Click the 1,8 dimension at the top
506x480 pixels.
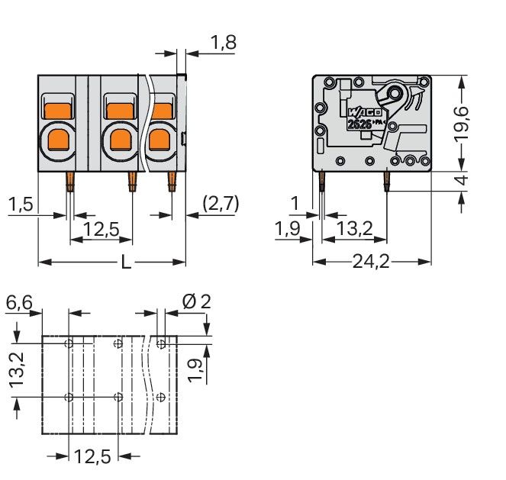pos(224,43)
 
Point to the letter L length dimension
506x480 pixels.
pos(127,263)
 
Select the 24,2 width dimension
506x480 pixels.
pos(372,262)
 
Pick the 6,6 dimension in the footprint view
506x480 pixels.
pos(18,303)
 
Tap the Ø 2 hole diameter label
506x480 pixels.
pos(196,302)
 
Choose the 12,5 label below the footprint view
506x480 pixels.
pos(92,457)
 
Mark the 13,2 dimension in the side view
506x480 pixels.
pos(355,229)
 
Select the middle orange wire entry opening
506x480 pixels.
pos(119,139)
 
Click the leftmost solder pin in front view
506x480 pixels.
pos(70,182)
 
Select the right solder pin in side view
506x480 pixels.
pos(387,181)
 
